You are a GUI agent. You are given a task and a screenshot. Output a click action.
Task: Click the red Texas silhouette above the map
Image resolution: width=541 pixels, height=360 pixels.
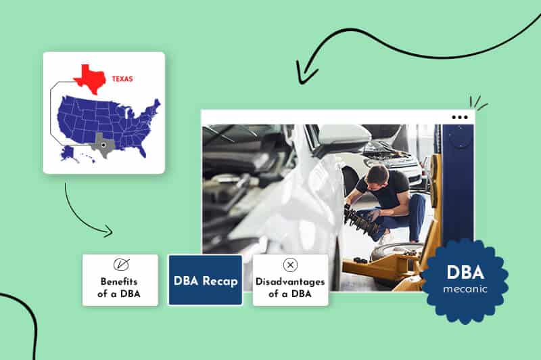click(x=89, y=80)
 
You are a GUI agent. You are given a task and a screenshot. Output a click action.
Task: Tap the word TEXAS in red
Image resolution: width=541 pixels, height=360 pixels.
click(x=122, y=78)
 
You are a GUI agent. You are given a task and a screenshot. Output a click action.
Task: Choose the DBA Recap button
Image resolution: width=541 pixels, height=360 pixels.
click(x=205, y=280)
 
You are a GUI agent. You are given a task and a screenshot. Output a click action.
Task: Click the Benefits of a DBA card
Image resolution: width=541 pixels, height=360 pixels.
click(x=120, y=280)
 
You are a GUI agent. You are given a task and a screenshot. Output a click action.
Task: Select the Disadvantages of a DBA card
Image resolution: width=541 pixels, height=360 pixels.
click(x=290, y=280)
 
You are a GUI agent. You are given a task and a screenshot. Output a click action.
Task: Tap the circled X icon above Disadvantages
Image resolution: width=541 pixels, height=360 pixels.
click(x=290, y=265)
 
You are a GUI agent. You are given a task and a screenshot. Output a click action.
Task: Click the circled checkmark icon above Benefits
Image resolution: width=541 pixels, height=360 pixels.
click(x=120, y=265)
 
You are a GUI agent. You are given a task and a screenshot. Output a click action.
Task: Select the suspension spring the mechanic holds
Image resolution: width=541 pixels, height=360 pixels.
click(x=359, y=220)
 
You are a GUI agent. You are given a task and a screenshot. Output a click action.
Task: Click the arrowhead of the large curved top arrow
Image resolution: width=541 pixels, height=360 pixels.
click(x=299, y=70)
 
